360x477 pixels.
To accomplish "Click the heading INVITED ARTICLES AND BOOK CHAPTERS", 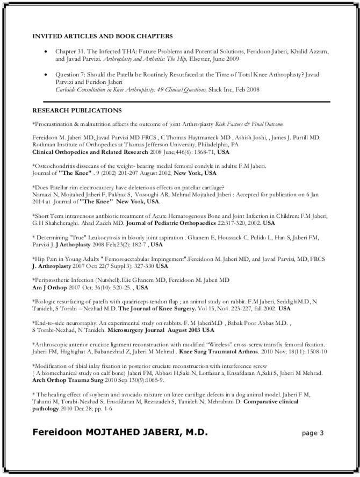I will click(x=103, y=36).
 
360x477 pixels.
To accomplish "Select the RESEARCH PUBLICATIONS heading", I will click(x=77, y=110).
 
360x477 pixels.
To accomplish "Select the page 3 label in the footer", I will click(x=313, y=433).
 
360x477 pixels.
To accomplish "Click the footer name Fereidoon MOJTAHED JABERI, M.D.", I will click(x=120, y=432).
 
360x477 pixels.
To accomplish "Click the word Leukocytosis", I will click(x=124, y=237).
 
